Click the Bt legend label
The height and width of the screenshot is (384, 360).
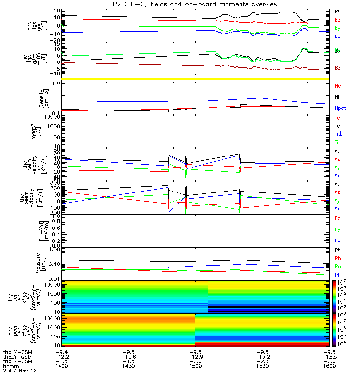pyautogui.click(x=337, y=11)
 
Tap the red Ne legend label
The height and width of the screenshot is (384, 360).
pyautogui.click(x=337, y=86)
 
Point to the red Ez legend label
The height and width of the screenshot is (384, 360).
pyautogui.click(x=337, y=219)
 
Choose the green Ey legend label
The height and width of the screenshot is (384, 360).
pyautogui.click(x=337, y=229)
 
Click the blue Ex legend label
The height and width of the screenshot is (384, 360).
pyautogui.click(x=337, y=240)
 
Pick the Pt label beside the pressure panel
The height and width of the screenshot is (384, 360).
pyautogui.click(x=337, y=251)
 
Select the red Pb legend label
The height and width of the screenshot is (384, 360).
pyautogui.click(x=337, y=258)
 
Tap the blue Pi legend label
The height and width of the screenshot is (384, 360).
pyautogui.click(x=337, y=274)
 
